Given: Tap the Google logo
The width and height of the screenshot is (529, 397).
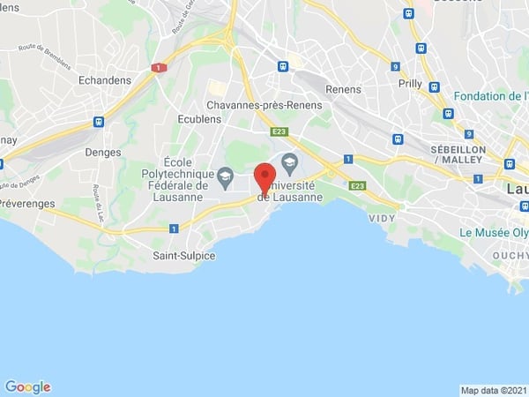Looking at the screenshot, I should click(x=27, y=386).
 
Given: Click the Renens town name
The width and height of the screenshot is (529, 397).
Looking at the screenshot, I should click(x=344, y=89).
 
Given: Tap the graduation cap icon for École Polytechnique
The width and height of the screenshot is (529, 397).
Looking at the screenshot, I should click(x=225, y=177).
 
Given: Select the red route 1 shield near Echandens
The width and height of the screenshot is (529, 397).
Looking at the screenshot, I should click(x=158, y=68).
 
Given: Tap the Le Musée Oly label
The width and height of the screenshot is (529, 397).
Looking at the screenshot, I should click(x=493, y=233).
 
